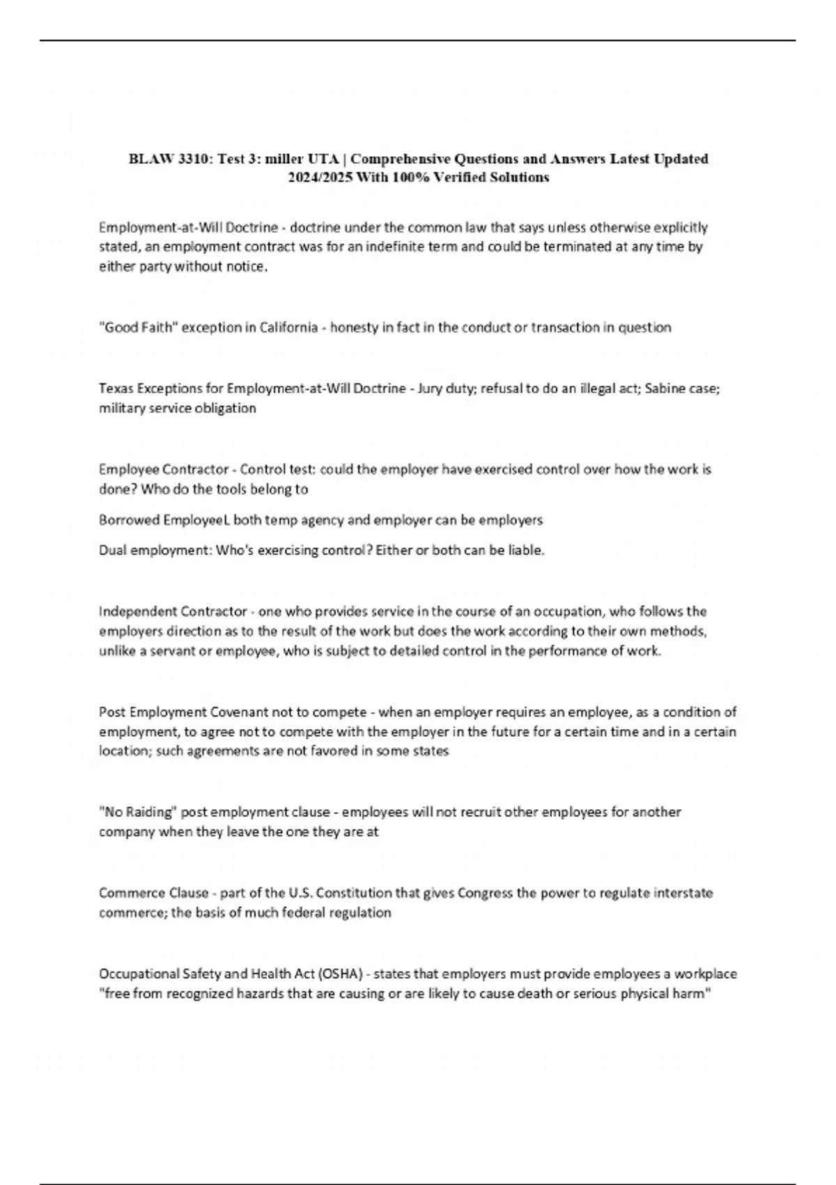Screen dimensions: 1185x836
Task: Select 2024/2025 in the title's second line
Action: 320,178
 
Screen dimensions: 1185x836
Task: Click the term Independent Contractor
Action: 173,611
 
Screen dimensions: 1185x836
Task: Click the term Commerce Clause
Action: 153,893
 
